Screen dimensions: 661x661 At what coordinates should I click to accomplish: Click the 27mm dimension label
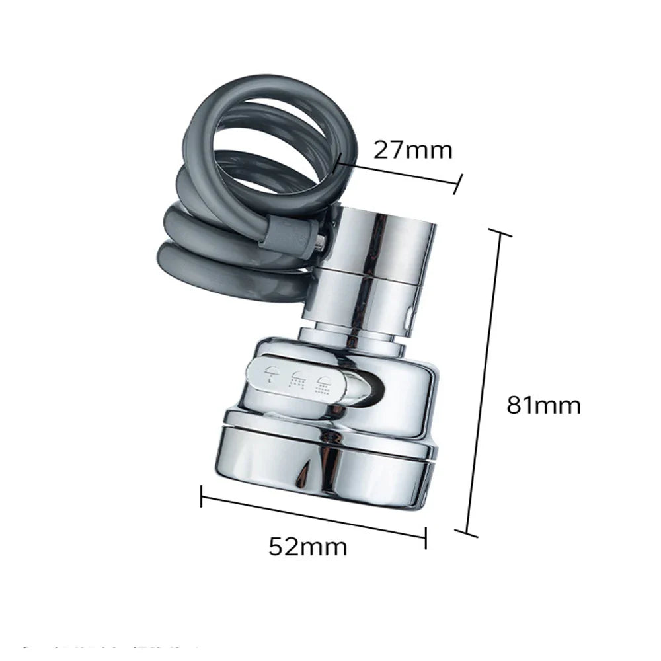tap(413, 151)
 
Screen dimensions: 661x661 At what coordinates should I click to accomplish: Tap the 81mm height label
tap(543, 404)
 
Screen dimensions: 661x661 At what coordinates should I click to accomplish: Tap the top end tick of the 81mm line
tap(499, 233)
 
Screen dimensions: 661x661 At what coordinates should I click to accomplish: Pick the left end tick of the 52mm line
tap(202, 496)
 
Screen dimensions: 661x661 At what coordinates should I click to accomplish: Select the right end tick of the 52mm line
tap(426, 537)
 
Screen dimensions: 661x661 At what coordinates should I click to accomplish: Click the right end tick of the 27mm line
tap(457, 184)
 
